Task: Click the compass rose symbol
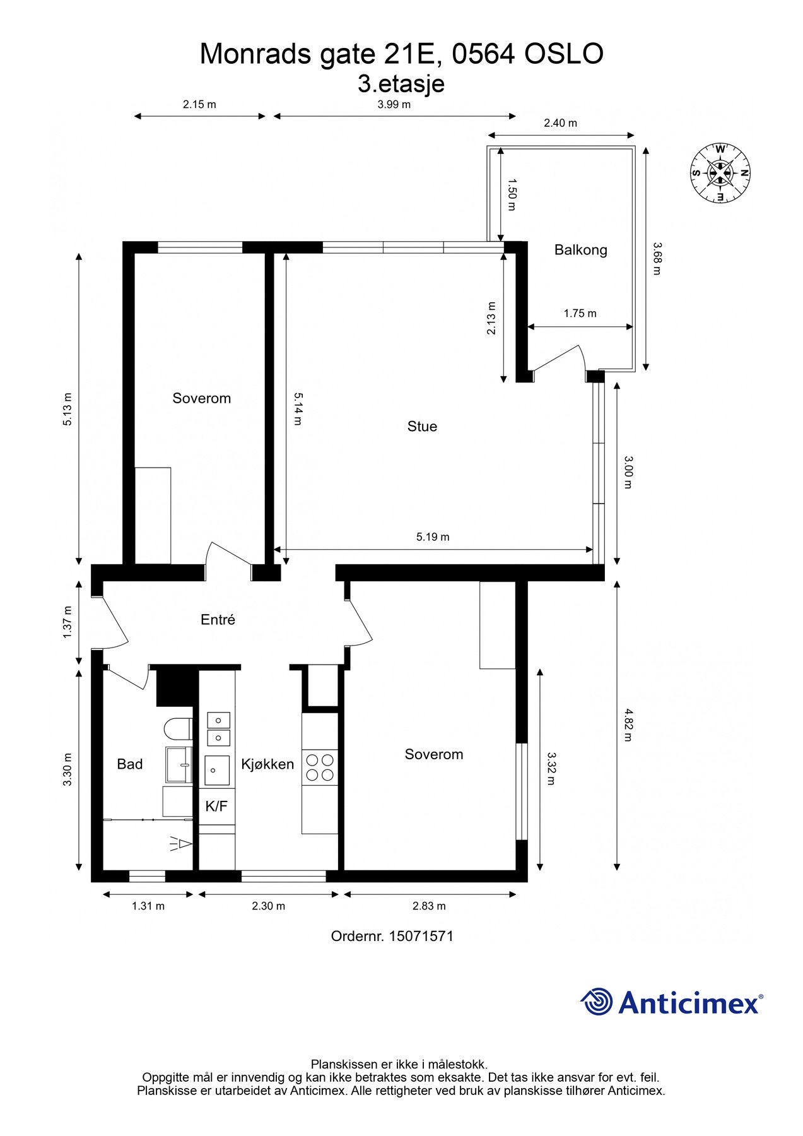(720, 173)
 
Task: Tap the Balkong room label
(580, 250)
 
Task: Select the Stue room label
(422, 427)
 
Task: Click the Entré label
(218, 620)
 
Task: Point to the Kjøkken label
(267, 764)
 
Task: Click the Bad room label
(130, 764)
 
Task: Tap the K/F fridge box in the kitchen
(216, 806)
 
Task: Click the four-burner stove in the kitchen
(320, 767)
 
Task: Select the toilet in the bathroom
(178, 729)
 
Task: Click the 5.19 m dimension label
(433, 537)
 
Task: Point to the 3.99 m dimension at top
(394, 105)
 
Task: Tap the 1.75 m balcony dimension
(580, 313)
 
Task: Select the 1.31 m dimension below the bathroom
(148, 906)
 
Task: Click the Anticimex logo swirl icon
(597, 1002)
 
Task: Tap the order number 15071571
(421, 936)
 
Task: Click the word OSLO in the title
(564, 54)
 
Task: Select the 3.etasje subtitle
(401, 83)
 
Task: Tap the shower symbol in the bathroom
(180, 844)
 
